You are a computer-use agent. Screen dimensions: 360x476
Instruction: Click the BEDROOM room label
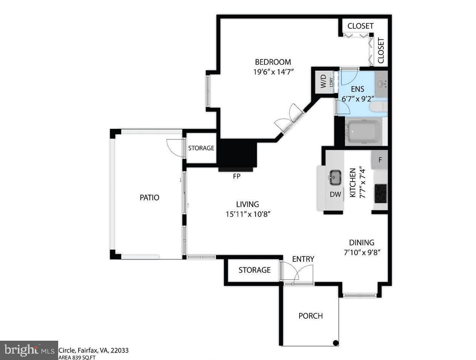click(x=273, y=62)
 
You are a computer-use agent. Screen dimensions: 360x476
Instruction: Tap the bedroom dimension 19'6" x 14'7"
click(x=273, y=71)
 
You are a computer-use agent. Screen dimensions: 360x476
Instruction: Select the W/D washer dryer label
click(x=323, y=81)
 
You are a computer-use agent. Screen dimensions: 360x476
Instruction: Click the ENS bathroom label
click(x=357, y=89)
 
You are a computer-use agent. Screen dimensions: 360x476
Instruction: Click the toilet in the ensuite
click(x=378, y=106)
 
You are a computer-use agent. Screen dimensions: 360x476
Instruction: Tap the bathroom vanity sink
click(x=381, y=83)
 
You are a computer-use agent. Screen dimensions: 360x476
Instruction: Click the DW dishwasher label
click(x=335, y=194)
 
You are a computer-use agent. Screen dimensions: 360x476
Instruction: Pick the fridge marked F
click(x=380, y=160)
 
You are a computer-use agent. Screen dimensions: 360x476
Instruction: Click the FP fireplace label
click(x=236, y=176)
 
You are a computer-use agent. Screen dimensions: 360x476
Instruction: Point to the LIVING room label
click(x=248, y=204)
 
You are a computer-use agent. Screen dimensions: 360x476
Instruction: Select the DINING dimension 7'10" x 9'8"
click(x=362, y=252)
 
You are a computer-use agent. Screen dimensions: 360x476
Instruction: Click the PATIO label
click(x=150, y=197)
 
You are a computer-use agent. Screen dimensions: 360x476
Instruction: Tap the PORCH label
click(x=311, y=316)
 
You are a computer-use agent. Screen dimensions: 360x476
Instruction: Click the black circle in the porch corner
click(x=335, y=343)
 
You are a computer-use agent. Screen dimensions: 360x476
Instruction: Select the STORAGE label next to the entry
click(x=254, y=270)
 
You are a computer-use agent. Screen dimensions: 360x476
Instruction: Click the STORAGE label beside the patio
click(x=201, y=148)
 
